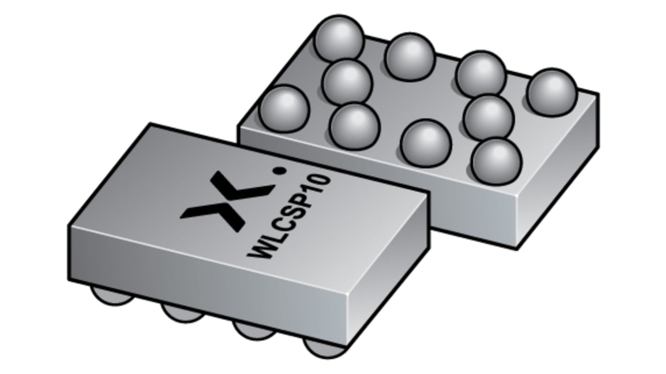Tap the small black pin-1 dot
(x=280, y=172)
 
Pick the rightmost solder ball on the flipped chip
(x=551, y=92)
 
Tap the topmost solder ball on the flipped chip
(x=339, y=39)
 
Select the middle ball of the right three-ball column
(x=488, y=117)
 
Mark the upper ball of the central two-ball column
(x=410, y=57)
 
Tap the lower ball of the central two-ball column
(x=426, y=143)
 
